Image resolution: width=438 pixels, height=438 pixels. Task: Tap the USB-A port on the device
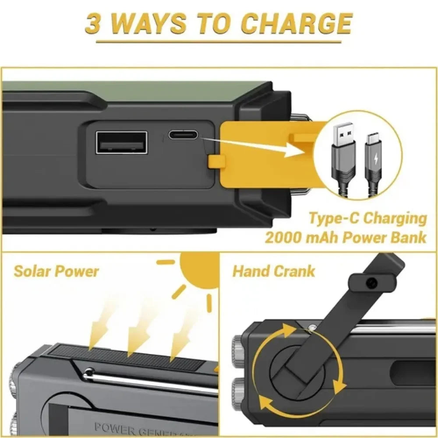(x=121, y=142)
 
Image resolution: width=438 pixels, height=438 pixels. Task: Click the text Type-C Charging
(x=367, y=218)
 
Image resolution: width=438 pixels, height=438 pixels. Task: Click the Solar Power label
(x=56, y=271)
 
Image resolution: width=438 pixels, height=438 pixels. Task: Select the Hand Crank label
(x=273, y=271)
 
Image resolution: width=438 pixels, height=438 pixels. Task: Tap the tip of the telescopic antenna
(x=89, y=372)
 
